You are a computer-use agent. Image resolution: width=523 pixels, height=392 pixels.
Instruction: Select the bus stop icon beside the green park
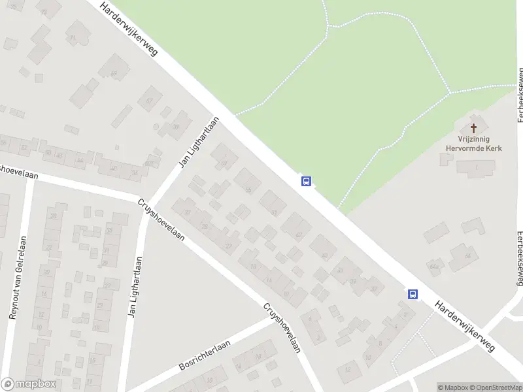tap(305, 181)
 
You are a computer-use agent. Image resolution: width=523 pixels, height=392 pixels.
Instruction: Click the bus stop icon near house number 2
tap(413, 294)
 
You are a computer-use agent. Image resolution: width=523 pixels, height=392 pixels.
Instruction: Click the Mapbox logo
tap(29, 384)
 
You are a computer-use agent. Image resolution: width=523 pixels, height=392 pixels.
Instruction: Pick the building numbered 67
tap(150, 100)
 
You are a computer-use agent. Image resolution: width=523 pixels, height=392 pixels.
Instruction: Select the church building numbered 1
tap(476, 168)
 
